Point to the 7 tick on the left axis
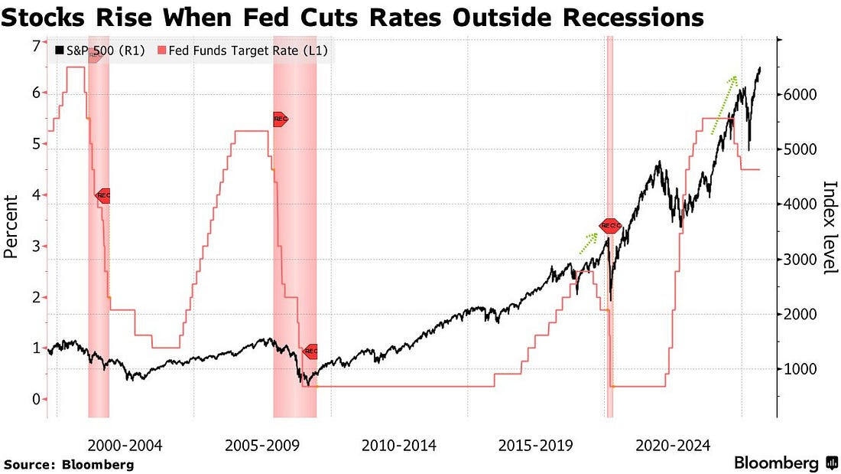36,46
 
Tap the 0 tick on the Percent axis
36,399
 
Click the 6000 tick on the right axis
802,94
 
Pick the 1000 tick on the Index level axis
802,369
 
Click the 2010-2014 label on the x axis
399,445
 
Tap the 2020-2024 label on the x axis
674,445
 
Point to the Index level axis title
829,227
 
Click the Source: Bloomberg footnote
69,464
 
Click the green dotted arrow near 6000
724,105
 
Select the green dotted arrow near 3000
587,244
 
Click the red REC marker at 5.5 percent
280,119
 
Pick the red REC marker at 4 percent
103,195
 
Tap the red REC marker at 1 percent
310,351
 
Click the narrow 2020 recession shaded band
610,230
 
